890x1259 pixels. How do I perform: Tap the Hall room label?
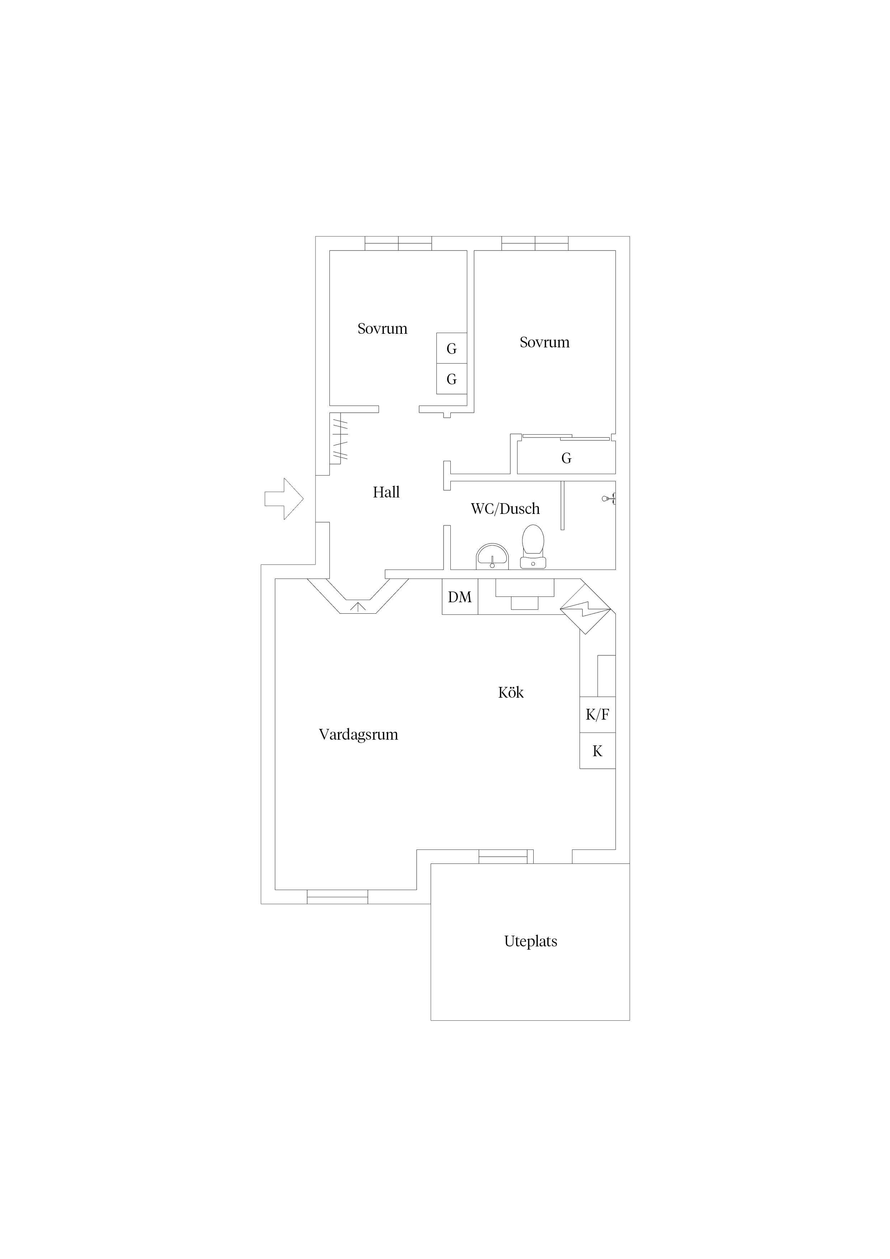[386, 492]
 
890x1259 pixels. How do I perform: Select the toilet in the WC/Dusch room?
[533, 547]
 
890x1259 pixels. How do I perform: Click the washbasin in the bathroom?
[492, 556]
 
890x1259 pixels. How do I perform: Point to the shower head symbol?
[609, 499]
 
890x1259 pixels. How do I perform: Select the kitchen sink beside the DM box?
[525, 594]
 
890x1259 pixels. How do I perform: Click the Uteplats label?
[531, 941]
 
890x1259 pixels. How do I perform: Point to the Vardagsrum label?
[359, 735]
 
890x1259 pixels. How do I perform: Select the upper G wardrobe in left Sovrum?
[452, 348]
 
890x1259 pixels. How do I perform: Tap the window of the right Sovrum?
[535, 243]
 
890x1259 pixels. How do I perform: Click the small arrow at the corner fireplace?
[357, 607]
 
